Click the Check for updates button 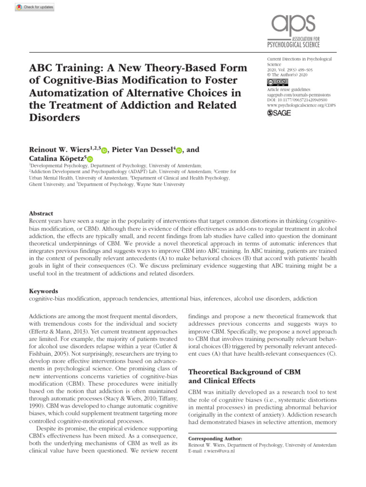tap(28, 7)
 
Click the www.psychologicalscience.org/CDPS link tap(301, 105)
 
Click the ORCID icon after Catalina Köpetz tap(90, 159)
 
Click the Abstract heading tap(41, 214)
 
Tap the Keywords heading tap(43, 291)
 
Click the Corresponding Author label tap(215, 438)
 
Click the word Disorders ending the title tap(54, 117)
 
